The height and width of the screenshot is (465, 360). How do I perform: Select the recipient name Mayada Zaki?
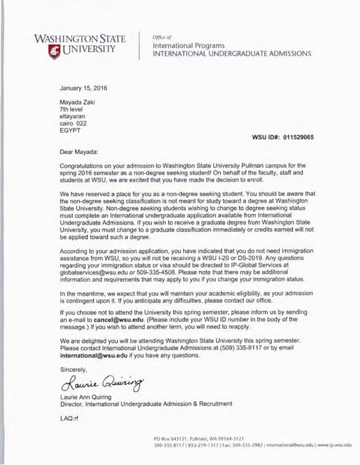coord(78,102)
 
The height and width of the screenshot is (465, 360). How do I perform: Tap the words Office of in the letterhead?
coord(162,36)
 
